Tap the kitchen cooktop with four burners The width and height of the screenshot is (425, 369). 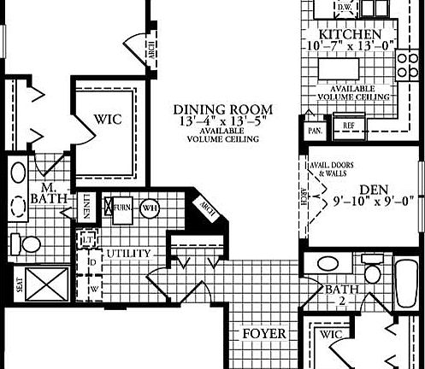click(407, 64)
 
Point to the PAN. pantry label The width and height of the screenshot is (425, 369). click(313, 132)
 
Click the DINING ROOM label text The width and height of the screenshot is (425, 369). click(222, 109)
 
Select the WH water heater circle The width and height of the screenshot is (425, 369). click(151, 208)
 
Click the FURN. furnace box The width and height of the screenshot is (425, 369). click(121, 208)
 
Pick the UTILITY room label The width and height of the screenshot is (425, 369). click(129, 254)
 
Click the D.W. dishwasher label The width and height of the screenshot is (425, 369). click(345, 8)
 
